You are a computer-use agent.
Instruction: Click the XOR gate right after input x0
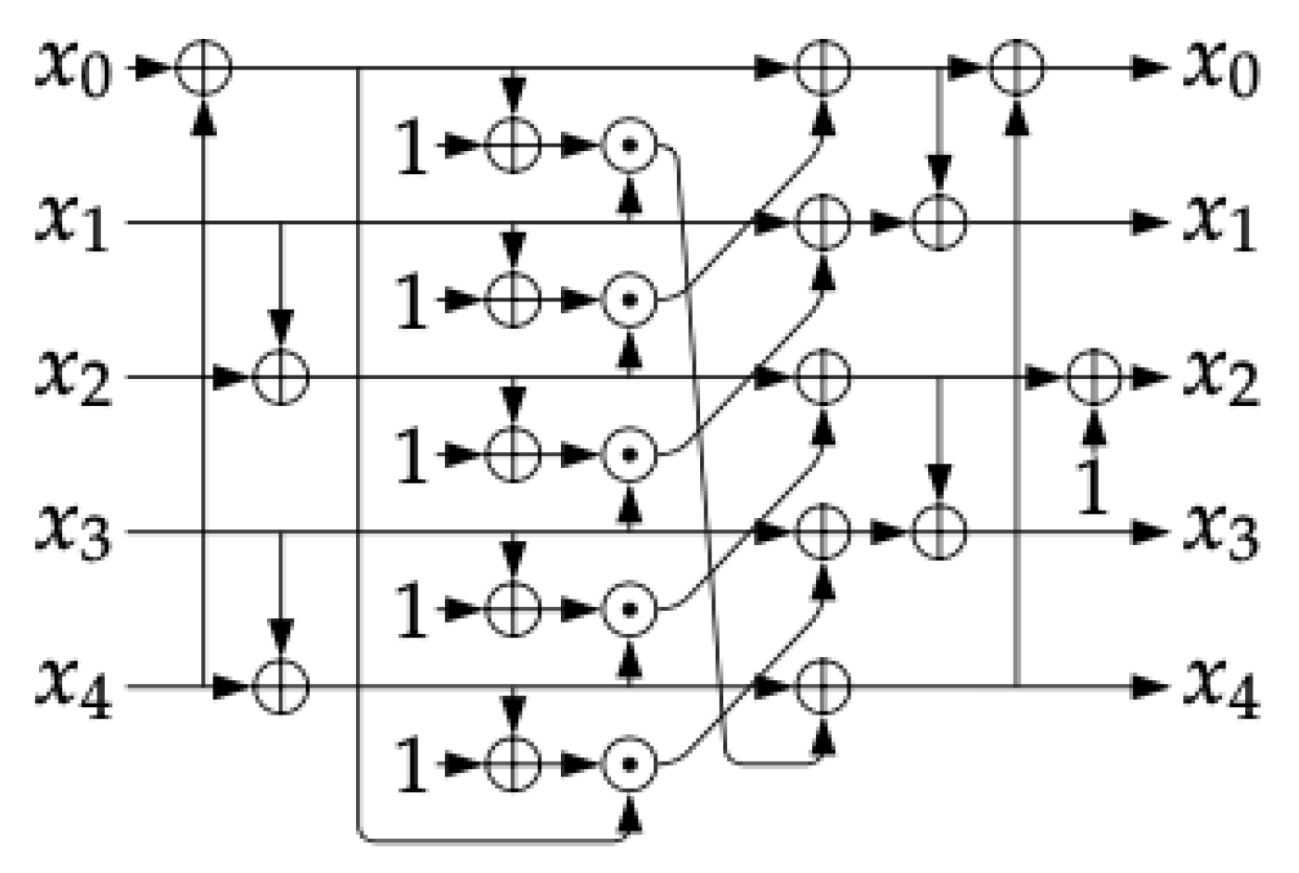coord(203,68)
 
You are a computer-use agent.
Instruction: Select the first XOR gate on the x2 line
coord(281,377)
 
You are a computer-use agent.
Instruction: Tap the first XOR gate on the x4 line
coord(281,687)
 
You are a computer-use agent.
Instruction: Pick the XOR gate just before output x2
coord(1094,377)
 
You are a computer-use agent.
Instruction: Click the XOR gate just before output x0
coord(1017,68)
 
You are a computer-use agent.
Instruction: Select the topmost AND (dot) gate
coord(630,145)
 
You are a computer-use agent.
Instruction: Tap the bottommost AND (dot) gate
coord(630,765)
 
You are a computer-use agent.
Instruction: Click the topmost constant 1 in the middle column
coord(412,148)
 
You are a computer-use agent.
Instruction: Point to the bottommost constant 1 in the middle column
coord(412,767)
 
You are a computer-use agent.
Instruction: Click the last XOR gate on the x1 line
coord(939,222)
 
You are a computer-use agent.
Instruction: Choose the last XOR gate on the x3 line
coord(939,532)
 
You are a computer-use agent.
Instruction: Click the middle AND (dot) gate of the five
coord(630,455)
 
